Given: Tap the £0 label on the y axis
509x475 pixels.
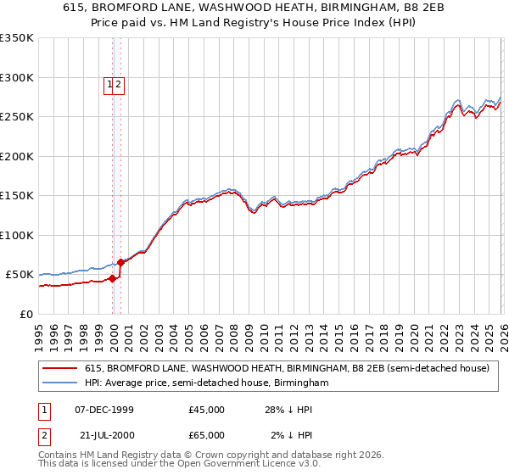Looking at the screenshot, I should coord(25,314).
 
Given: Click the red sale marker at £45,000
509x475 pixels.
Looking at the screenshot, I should coord(113,278).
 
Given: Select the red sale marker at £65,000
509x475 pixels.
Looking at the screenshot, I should coord(121,262).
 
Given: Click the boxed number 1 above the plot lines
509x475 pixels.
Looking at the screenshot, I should coord(110,84).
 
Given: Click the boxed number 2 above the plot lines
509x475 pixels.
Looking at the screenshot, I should coord(119,84).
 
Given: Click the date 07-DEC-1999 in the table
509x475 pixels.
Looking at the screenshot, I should coord(103,410).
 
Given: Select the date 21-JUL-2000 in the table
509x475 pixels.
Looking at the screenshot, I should coord(103,435).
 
